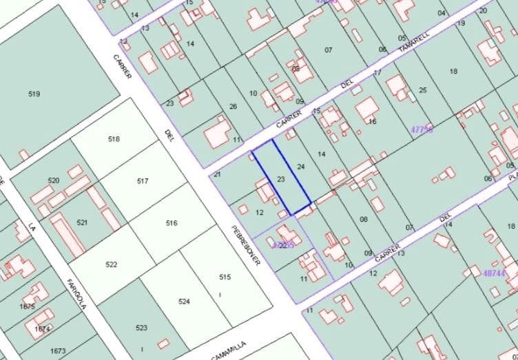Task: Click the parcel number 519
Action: pyautogui.click(x=34, y=94)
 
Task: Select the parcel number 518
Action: pyautogui.click(x=114, y=139)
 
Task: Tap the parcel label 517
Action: pyautogui.click(x=143, y=181)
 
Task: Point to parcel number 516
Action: pyautogui.click(x=172, y=223)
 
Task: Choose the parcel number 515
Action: pyautogui.click(x=225, y=277)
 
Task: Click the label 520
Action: pyautogui.click(x=54, y=180)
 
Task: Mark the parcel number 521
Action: pyautogui.click(x=82, y=222)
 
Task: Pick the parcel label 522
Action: pyautogui.click(x=112, y=264)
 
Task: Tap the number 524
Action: pyautogui.click(x=183, y=301)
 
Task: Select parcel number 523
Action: pyautogui.click(x=141, y=328)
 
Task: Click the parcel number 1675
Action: pyautogui.click(x=28, y=306)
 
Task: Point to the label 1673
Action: pyautogui.click(x=58, y=351)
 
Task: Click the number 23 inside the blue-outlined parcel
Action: pyautogui.click(x=280, y=179)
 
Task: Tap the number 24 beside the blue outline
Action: pyautogui.click(x=300, y=167)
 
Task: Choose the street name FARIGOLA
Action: pyautogui.click(x=76, y=294)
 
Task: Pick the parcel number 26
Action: pyautogui.click(x=233, y=106)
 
